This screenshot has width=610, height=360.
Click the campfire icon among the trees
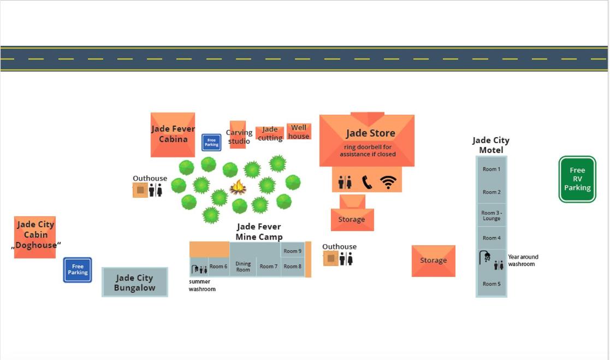[238, 187]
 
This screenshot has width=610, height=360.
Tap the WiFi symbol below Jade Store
[388, 182]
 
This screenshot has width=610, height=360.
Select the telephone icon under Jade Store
[367, 182]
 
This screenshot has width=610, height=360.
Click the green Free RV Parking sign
[577, 179]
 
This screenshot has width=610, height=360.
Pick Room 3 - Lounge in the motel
[491, 215]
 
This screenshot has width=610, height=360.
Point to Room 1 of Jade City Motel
[491, 169]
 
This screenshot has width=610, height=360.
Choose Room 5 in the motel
[491, 284]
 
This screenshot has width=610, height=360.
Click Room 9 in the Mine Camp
[293, 251]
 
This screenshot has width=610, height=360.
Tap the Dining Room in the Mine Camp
[243, 267]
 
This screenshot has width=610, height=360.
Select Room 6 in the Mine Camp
[218, 267]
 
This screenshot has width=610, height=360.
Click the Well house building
[299, 132]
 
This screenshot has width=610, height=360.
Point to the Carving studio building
[238, 135]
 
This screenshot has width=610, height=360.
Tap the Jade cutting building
[270, 133]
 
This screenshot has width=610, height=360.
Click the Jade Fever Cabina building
[173, 134]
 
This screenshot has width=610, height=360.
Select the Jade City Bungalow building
[135, 282]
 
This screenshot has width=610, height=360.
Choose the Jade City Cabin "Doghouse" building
[35, 237]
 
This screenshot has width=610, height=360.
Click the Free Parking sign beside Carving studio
[211, 143]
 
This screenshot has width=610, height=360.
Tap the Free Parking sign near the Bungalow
[78, 270]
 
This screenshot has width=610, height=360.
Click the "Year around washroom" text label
[523, 261]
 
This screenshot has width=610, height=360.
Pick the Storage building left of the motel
[433, 261]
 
